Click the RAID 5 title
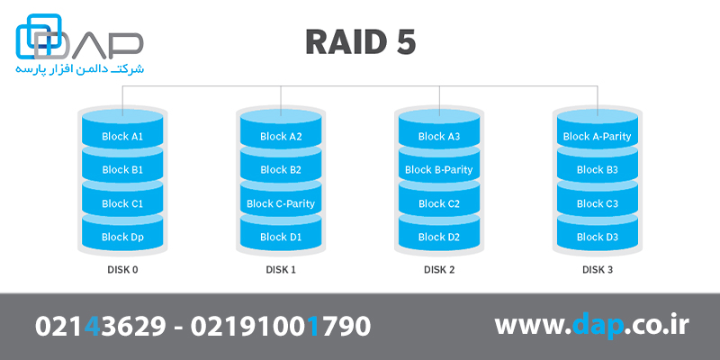360,41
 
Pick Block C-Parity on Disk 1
280,203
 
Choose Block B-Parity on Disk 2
438,170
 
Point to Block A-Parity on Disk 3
597,137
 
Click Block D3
597,238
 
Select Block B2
280,170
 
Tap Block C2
438,203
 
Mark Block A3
438,137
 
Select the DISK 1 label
280,269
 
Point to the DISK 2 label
438,269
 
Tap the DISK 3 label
597,269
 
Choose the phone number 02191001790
281,327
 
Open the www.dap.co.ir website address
591,327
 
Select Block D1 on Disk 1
280,238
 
